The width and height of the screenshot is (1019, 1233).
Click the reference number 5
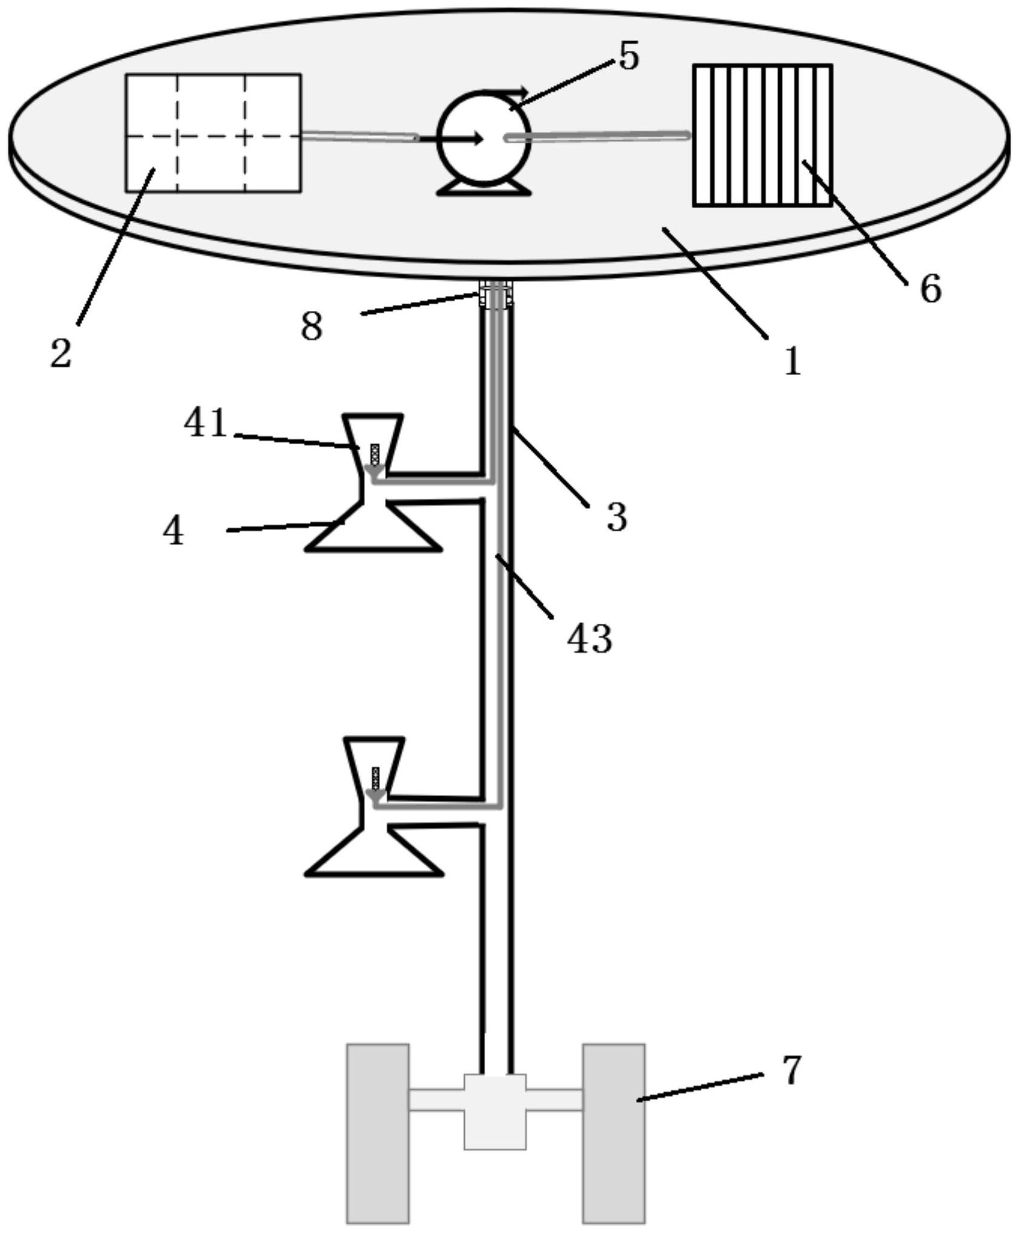629,57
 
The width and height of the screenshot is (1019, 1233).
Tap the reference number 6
931,288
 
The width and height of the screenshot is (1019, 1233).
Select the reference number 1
792,362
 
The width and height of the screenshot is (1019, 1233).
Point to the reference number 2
61,353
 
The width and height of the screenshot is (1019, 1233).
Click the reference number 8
312,327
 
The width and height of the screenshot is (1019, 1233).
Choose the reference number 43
589,639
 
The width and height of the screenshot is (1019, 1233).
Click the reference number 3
617,518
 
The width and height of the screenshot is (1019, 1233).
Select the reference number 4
173,532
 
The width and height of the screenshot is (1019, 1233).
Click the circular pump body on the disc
483,139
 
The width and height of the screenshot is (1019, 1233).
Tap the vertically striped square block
762,136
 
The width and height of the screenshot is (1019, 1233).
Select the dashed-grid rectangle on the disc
213,133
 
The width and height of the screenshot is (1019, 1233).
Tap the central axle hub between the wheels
495,1111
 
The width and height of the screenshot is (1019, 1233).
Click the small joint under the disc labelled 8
496,295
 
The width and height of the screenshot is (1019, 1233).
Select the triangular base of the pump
484,188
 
